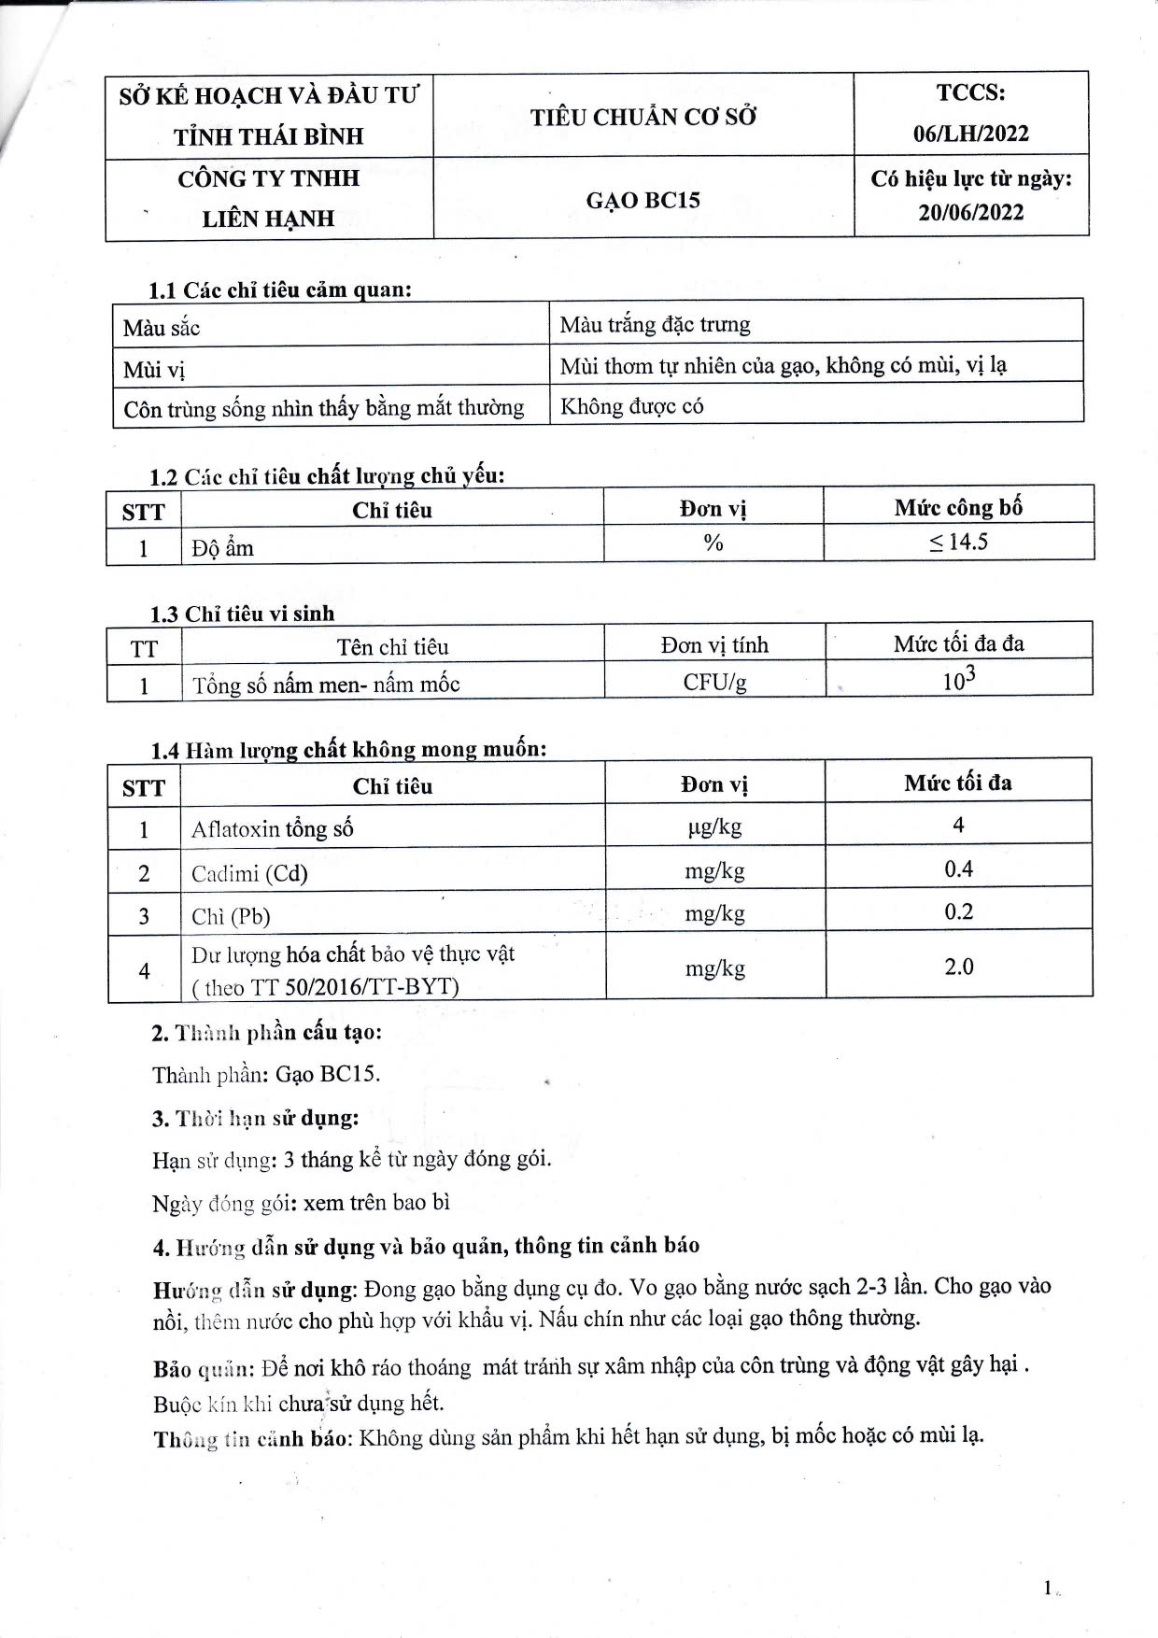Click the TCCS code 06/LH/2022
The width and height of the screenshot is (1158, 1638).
point(971,134)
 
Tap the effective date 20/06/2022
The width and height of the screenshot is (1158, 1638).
point(971,212)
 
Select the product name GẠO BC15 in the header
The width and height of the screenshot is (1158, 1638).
point(643,200)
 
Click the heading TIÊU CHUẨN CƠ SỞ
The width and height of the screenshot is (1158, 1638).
point(643,117)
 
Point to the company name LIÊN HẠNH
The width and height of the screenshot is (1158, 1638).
point(268,219)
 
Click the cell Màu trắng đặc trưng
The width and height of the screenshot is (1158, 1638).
point(655,325)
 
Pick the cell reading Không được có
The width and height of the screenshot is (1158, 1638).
point(631,406)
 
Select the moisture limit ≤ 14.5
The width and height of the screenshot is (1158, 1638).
point(958,542)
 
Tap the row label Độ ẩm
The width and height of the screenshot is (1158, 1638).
point(223,547)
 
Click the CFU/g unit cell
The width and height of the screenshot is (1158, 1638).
point(714,682)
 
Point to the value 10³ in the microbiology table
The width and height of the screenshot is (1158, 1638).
point(958,679)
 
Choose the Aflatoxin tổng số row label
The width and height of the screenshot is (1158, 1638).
point(272,828)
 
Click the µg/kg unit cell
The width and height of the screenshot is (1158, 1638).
point(714,826)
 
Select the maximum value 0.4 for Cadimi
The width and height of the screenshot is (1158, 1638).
point(958,869)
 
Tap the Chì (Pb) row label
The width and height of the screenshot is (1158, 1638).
point(231,916)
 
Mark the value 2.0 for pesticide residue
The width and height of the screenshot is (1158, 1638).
point(958,967)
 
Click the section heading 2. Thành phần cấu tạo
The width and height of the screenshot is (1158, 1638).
point(267,1032)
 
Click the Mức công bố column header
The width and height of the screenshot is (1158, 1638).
point(958,507)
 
